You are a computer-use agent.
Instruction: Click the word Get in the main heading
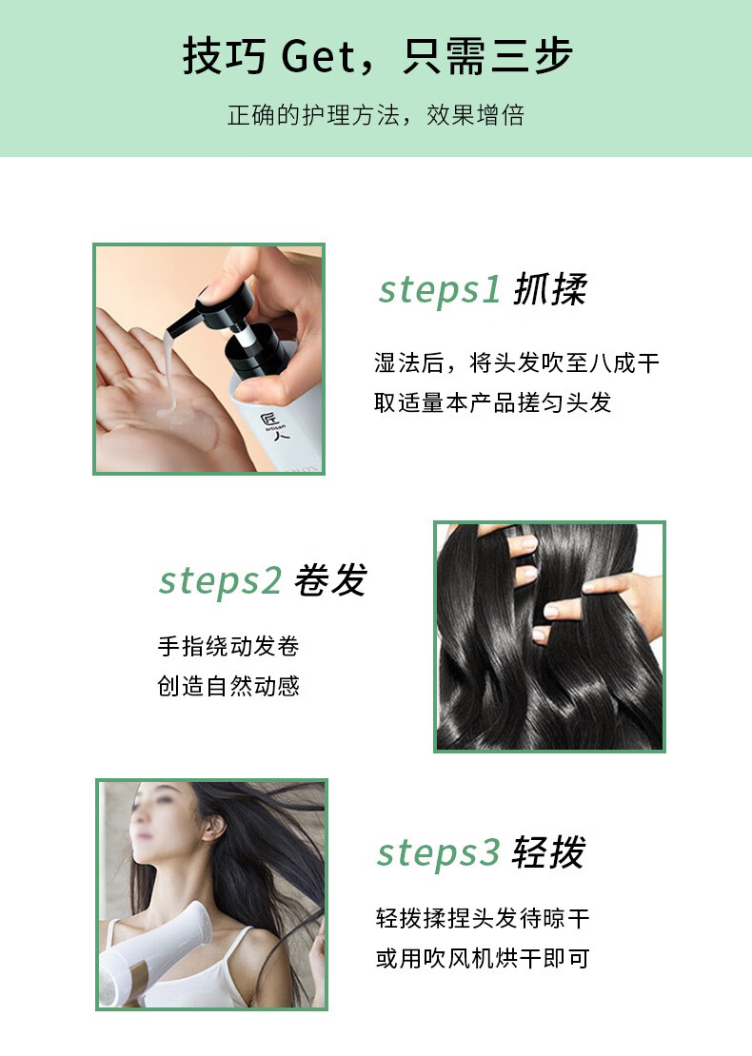[x=317, y=56]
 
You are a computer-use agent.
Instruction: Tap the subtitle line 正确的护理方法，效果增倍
[x=376, y=115]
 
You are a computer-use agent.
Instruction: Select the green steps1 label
[x=440, y=289]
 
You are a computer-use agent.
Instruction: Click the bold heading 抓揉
[x=550, y=289]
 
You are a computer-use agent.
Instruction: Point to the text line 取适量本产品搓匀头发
[x=492, y=402]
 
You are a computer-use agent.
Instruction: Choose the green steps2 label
[x=220, y=580]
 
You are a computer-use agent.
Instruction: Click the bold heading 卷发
[x=331, y=580]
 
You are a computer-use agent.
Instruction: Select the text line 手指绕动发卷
[x=228, y=646]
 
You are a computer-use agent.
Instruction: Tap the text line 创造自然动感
[x=228, y=686]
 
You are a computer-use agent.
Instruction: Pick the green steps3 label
[x=438, y=852]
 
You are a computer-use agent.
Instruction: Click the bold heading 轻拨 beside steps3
[x=548, y=852]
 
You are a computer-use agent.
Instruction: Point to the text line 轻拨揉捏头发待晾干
[x=483, y=918]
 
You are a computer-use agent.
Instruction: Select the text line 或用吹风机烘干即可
[x=483, y=958]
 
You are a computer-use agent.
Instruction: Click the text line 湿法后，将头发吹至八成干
[x=517, y=363]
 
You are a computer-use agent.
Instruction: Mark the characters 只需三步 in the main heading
[x=488, y=56]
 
